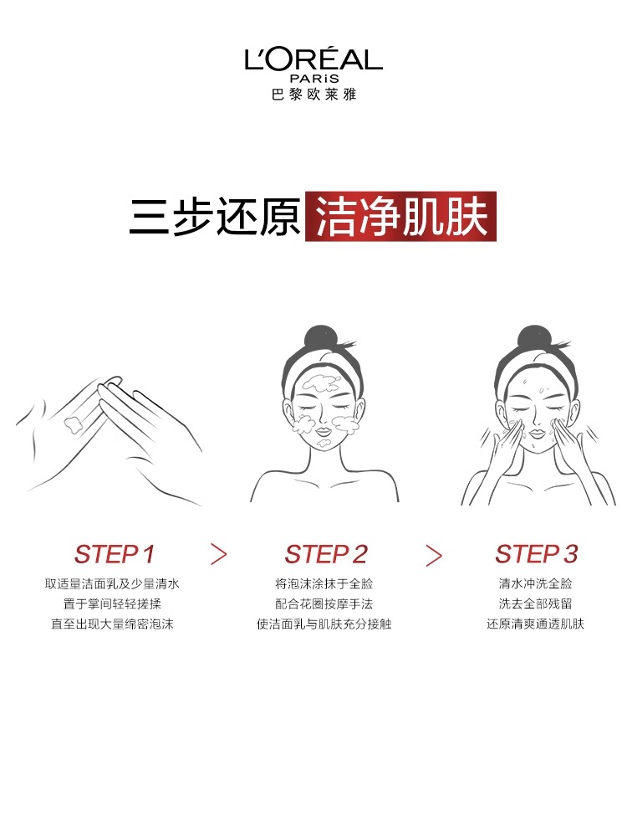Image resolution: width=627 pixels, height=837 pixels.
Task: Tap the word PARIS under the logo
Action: coord(314,78)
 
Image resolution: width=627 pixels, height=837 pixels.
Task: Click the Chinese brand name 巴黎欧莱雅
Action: coord(313,95)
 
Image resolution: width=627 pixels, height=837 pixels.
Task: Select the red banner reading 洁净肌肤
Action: coord(401,216)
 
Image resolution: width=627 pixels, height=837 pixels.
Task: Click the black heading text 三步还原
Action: coord(215,217)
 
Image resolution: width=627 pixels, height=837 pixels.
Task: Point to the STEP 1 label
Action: coord(114,554)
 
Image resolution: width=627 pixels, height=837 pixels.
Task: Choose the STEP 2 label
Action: coord(326,554)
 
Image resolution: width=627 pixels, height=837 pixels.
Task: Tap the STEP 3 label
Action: coord(537,554)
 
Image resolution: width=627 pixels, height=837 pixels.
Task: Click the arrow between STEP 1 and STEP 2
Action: coord(218,555)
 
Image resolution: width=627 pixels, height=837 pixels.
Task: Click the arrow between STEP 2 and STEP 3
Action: coord(434,555)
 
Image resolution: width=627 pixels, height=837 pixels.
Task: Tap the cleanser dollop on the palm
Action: coord(73,424)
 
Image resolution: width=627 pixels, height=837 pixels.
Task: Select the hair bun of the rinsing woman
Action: coord(533,338)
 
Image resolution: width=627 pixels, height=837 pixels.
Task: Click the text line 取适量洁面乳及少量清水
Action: coord(112,583)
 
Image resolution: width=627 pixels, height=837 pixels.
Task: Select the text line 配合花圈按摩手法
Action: coord(324,603)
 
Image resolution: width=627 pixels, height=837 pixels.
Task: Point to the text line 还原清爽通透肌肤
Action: coord(535,624)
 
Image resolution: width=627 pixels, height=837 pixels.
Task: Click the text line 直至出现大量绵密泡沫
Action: coord(112,624)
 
